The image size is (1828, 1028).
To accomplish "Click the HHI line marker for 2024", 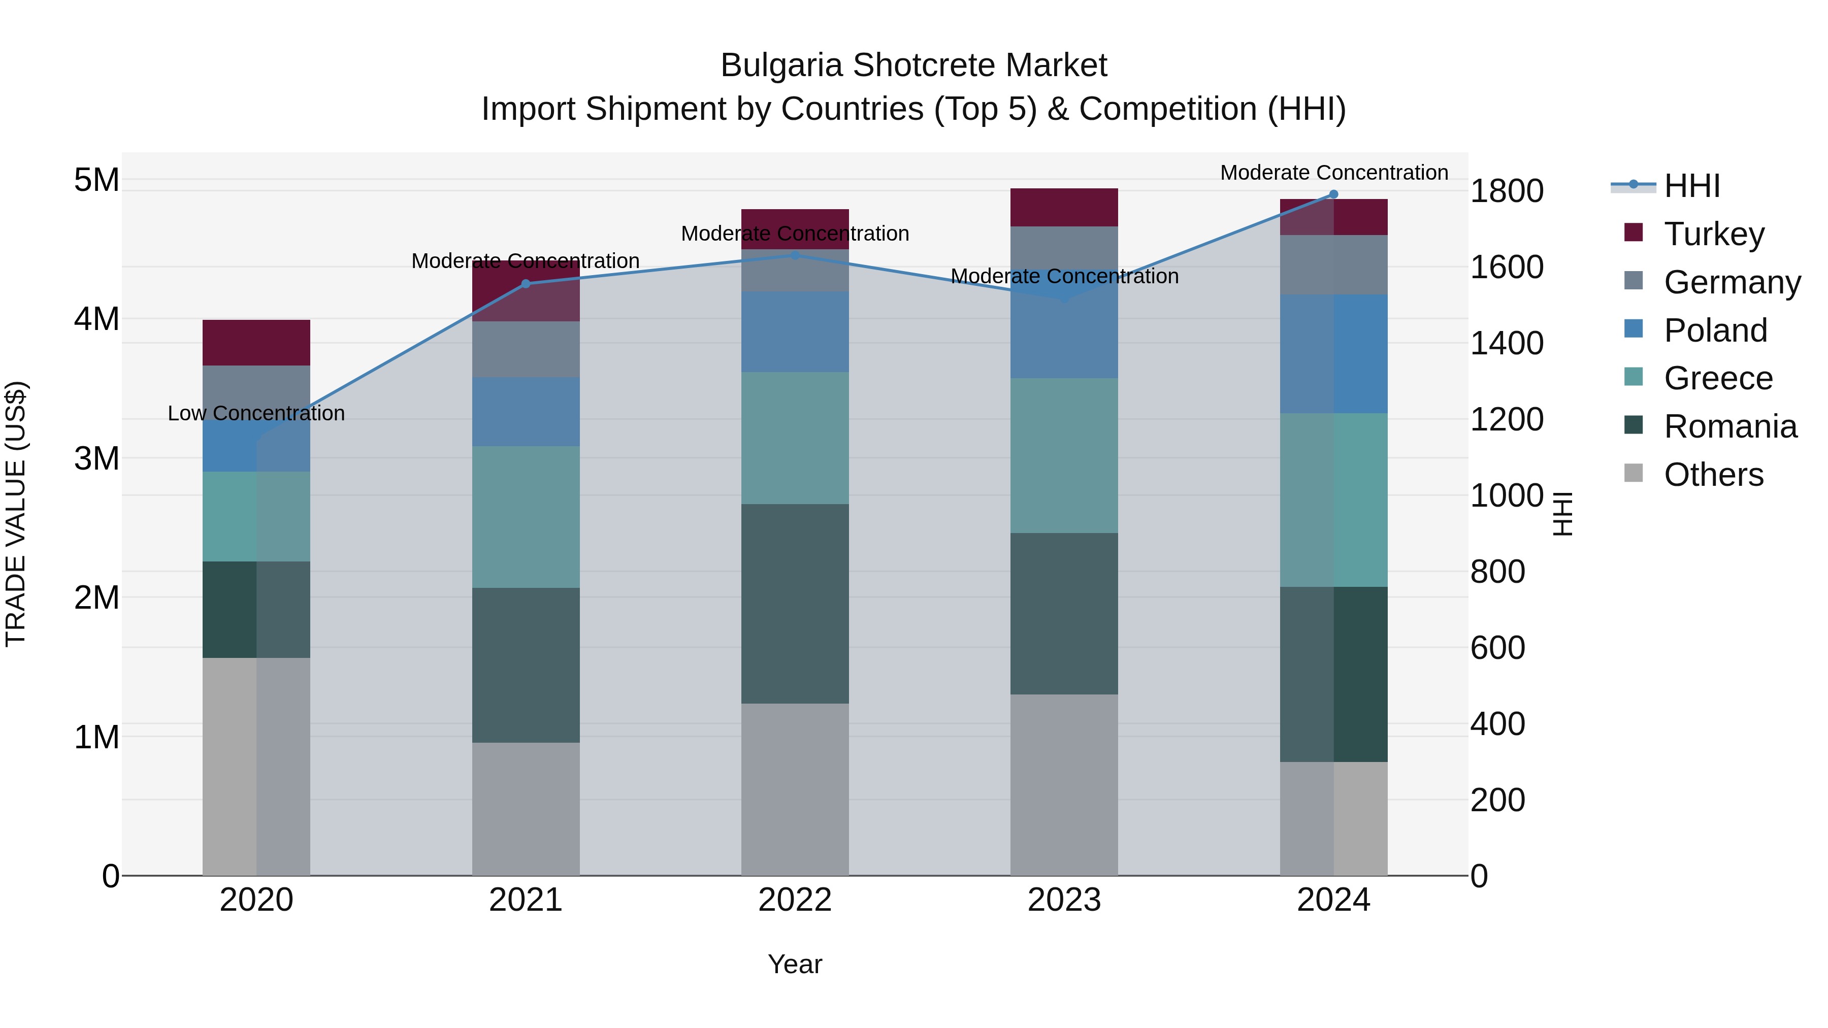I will [1333, 194].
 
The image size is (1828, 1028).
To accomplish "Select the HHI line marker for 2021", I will [526, 284].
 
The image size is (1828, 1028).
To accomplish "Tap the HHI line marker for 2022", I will [795, 255].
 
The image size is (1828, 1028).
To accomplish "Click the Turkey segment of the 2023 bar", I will [1064, 207].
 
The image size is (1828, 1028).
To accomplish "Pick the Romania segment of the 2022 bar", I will [795, 604].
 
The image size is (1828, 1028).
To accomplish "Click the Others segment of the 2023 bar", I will [1064, 785].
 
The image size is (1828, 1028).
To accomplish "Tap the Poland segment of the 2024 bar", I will [1333, 354].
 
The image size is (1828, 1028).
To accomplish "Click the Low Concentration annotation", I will [256, 413].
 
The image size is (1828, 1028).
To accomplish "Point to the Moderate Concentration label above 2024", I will [1333, 173].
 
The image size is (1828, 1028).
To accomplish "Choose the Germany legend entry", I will [1732, 282].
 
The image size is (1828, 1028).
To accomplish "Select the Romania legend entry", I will [1730, 426].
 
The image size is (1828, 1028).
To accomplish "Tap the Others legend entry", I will [1713, 475].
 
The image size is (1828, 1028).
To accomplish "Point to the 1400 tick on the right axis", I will [1506, 343].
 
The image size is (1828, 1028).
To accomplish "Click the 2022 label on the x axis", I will [795, 900].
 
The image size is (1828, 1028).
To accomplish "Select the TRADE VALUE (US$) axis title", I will [16, 514].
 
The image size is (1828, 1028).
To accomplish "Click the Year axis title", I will [795, 964].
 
